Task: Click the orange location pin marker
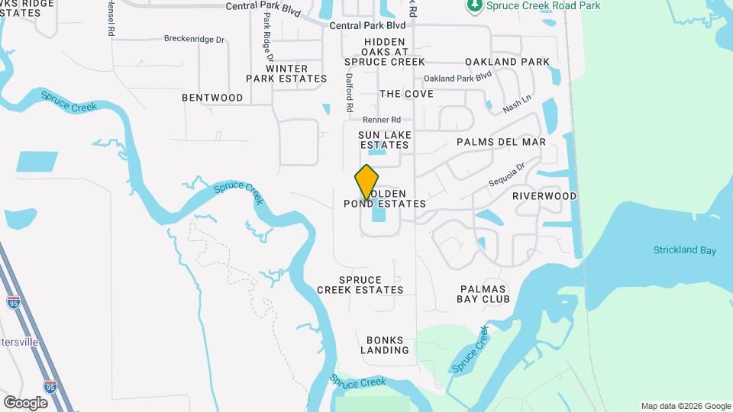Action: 367,182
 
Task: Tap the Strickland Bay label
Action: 685,250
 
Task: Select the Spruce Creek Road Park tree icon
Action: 473,6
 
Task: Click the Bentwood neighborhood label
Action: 212,98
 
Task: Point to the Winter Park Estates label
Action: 286,73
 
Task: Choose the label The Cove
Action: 406,94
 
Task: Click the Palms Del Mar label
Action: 501,142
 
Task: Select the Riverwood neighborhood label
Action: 544,196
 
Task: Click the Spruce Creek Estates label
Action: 360,285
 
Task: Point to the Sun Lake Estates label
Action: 386,140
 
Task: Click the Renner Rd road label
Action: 382,120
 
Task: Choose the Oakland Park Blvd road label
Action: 457,78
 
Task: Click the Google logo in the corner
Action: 25,402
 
